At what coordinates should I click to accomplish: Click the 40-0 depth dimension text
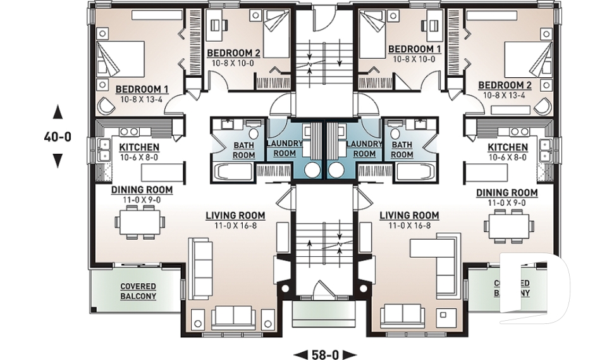click(x=58, y=135)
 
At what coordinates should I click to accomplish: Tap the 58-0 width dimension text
click(x=325, y=354)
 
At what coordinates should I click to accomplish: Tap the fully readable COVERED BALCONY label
click(x=138, y=290)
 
